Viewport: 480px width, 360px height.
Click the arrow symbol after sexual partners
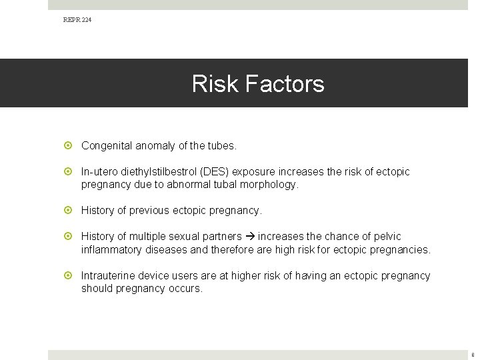(x=251, y=237)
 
